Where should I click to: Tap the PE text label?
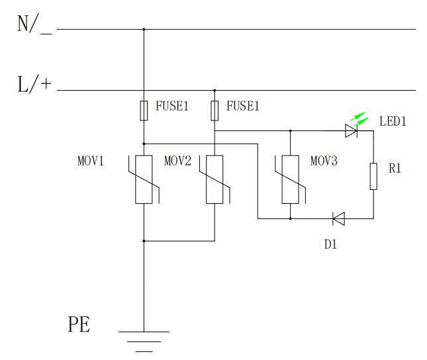click(x=79, y=325)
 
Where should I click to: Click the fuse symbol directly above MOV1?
click(x=144, y=111)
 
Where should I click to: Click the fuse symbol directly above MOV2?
click(x=214, y=111)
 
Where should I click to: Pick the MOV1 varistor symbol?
click(x=144, y=179)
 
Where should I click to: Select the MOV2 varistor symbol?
click(x=214, y=179)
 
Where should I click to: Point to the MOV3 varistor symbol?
click(x=290, y=179)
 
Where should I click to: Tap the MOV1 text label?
click(x=91, y=161)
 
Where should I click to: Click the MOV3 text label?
click(x=324, y=161)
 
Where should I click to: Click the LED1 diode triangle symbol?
click(x=351, y=131)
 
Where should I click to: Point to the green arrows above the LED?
click(x=359, y=119)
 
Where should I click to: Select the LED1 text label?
click(x=393, y=122)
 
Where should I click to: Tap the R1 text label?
click(x=395, y=169)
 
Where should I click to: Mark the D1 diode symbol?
click(x=338, y=218)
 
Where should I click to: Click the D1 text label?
click(x=331, y=244)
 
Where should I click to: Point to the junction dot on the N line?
click(x=144, y=29)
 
